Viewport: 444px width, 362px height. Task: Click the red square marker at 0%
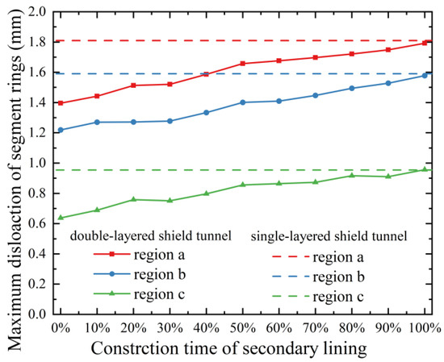pyautogui.click(x=60, y=103)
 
